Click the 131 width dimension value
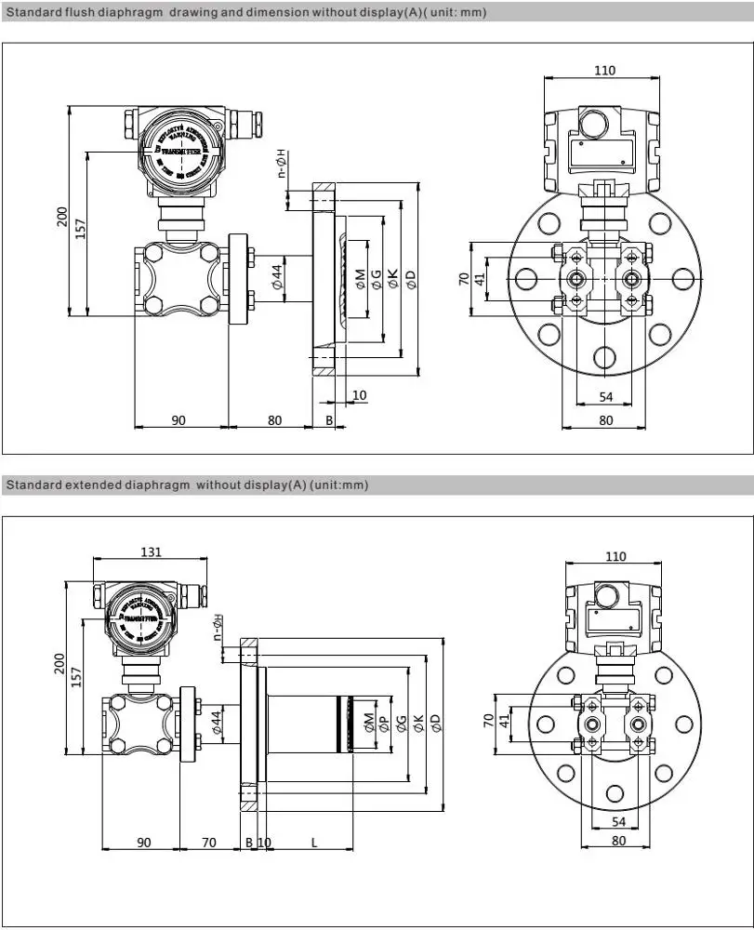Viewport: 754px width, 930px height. pyautogui.click(x=151, y=551)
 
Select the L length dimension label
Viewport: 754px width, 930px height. pyautogui.click(x=314, y=843)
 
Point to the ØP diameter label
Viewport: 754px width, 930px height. pyautogui.click(x=383, y=723)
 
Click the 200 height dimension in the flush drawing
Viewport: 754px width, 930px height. pyautogui.click(x=62, y=216)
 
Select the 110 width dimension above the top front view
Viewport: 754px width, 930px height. pyautogui.click(x=605, y=70)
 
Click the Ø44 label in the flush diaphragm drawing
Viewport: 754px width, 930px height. pyautogui.click(x=277, y=276)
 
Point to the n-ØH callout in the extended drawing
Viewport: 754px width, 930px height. pyautogui.click(x=218, y=629)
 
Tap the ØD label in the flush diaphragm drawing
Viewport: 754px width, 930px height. pyautogui.click(x=410, y=277)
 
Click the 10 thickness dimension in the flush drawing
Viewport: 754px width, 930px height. pyautogui.click(x=359, y=395)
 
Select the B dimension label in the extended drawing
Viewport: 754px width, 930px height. pyautogui.click(x=248, y=843)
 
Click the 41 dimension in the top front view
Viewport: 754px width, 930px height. pyautogui.click(x=481, y=277)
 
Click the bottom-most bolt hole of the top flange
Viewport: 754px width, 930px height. pyautogui.click(x=605, y=356)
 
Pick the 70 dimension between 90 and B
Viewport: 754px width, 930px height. pyautogui.click(x=209, y=843)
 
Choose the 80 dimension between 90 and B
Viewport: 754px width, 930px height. pyautogui.click(x=274, y=420)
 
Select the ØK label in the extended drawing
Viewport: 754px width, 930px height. pyautogui.click(x=419, y=723)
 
